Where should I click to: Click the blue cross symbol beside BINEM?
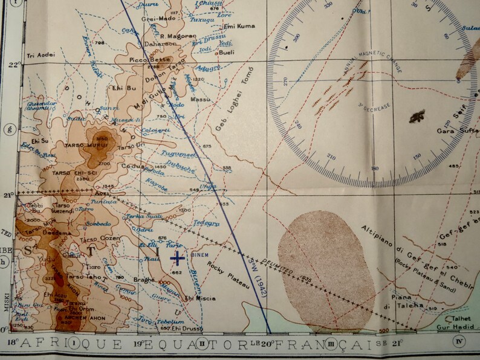(x=177, y=259)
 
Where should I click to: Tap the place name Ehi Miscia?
(x=200, y=298)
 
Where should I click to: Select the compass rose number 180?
(x=375, y=167)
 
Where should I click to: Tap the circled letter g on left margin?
(x=8, y=129)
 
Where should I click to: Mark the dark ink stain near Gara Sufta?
(x=417, y=115)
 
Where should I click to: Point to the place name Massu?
(x=200, y=98)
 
